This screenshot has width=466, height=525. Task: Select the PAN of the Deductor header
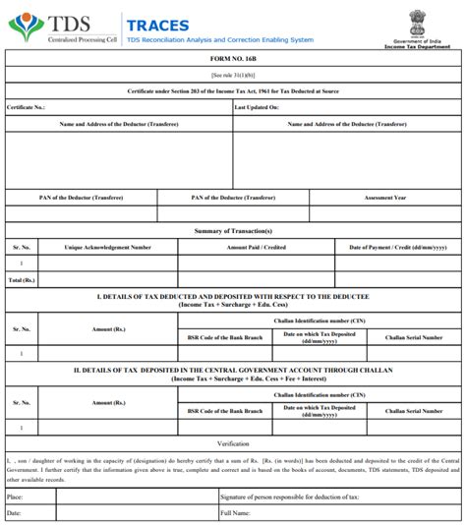82,198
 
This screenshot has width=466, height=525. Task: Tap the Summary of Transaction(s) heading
233,230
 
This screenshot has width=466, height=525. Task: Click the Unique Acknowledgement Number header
107,247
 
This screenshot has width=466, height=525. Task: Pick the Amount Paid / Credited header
257,247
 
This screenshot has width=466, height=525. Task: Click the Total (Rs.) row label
22,280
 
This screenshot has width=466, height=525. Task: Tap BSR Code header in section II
225,410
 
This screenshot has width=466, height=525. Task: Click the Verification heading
233,444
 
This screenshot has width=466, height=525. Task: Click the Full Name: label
236,513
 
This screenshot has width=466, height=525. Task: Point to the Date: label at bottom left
14,513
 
